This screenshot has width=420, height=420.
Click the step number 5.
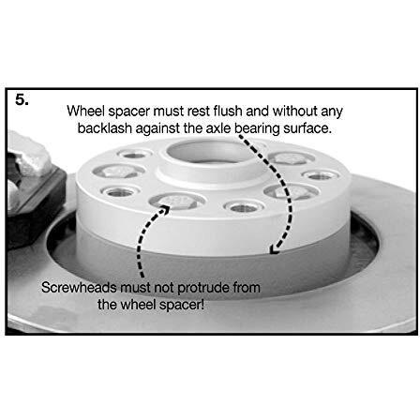tap(22, 100)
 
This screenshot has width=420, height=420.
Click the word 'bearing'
tap(257, 129)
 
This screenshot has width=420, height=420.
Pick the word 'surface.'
tap(307, 128)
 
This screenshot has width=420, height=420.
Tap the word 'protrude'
tap(203, 288)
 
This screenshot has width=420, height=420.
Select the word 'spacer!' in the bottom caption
tap(182, 305)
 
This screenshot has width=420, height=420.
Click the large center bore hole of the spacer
tap(210, 152)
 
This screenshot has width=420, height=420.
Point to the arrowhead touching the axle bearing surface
tap(275, 249)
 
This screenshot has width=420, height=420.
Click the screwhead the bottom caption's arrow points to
tap(177, 202)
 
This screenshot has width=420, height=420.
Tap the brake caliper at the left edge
tap(33, 187)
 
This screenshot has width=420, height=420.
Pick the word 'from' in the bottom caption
tap(247, 288)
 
